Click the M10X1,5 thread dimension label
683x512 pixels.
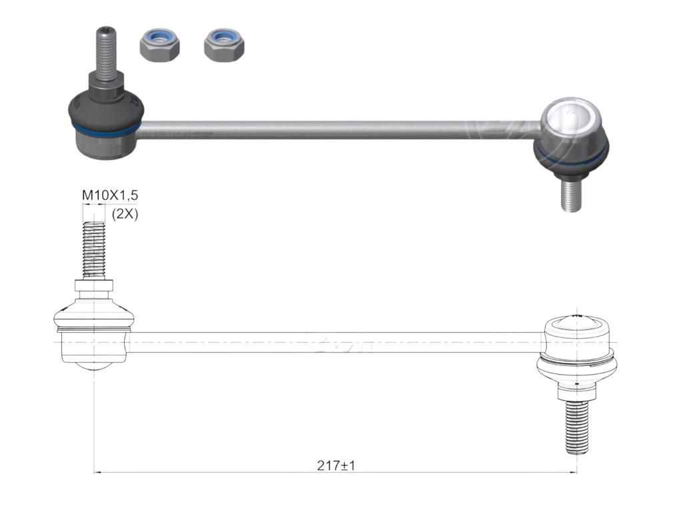109,195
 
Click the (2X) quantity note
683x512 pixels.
125,214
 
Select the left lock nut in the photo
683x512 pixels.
159,45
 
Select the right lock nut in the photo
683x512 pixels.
223,45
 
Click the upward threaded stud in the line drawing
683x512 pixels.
94,250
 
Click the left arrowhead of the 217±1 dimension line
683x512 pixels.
97,473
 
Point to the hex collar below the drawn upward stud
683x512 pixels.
94,287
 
